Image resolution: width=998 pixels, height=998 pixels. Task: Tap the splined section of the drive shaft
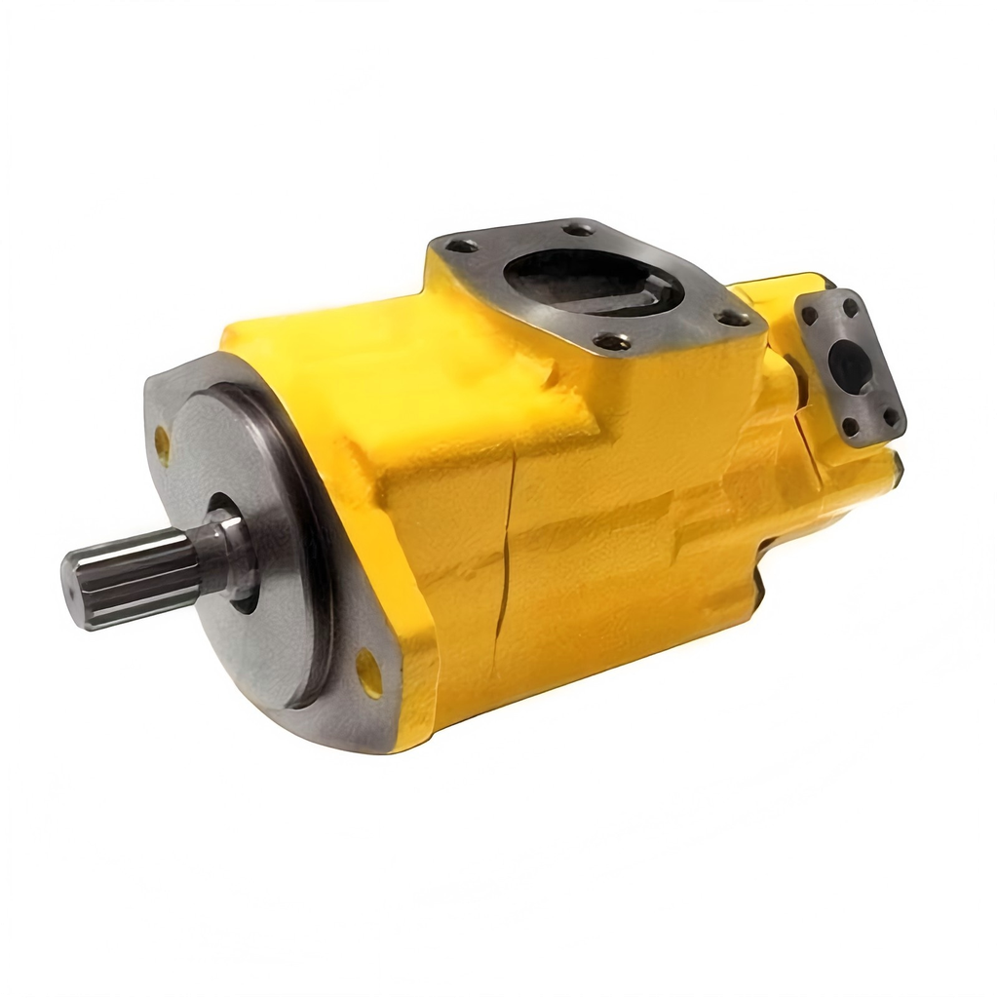click(136, 573)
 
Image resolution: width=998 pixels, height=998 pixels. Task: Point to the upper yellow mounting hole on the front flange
click(162, 444)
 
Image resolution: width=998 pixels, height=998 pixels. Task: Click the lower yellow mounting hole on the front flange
click(369, 672)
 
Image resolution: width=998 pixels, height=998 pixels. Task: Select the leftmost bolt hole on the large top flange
click(461, 246)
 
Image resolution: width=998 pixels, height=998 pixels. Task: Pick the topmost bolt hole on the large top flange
click(578, 229)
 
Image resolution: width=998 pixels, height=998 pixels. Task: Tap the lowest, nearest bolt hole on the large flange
click(612, 341)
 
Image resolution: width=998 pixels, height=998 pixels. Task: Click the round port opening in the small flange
click(850, 366)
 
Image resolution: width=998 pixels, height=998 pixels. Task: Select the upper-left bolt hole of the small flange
click(809, 315)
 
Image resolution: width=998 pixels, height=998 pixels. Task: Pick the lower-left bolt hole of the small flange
click(850, 427)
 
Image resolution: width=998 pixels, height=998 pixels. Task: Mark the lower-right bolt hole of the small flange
click(890, 416)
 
